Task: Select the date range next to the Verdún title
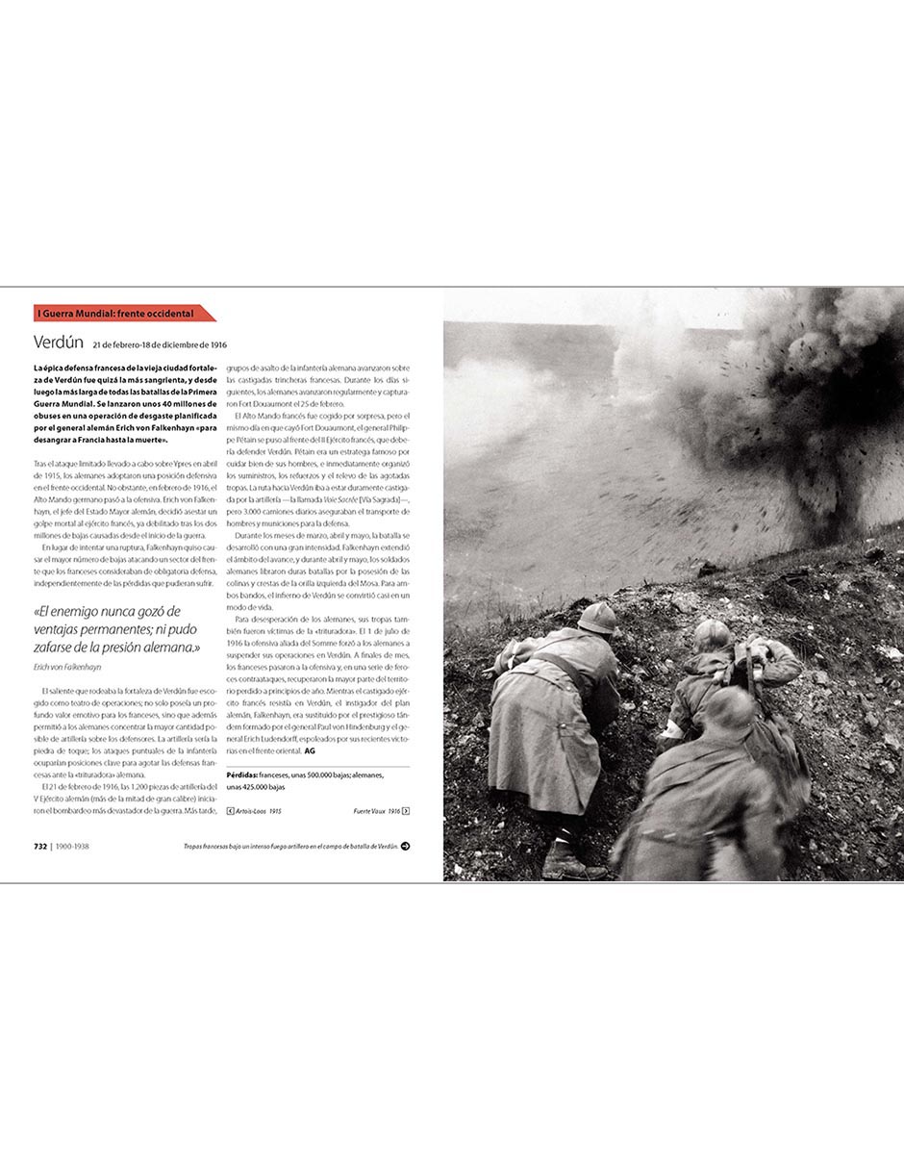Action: [160, 343]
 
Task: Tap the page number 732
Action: [40, 847]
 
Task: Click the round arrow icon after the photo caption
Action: [406, 847]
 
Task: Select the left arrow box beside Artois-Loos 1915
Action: [230, 811]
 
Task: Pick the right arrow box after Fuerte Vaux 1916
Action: [406, 811]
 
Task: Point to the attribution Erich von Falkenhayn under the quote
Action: [67, 667]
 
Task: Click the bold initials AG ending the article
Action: [310, 750]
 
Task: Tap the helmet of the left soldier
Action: [597, 617]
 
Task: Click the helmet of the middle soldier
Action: [714, 633]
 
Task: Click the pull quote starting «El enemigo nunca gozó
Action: [116, 629]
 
